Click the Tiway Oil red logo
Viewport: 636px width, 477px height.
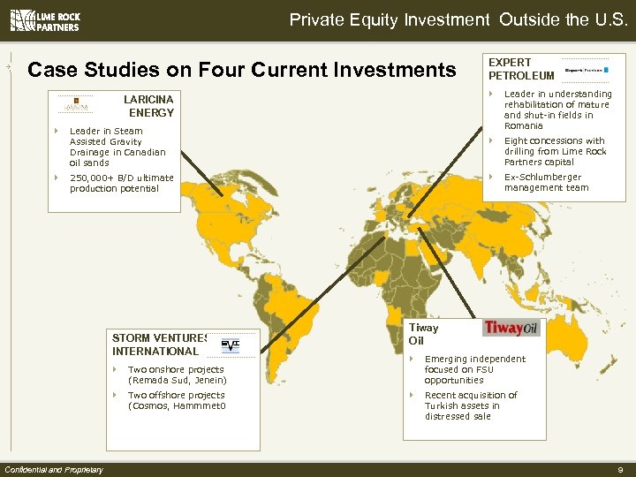tap(511, 329)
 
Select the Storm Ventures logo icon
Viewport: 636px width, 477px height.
tap(230, 344)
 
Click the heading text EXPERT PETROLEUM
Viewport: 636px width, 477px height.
tap(521, 69)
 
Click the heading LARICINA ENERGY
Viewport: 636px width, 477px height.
tap(151, 106)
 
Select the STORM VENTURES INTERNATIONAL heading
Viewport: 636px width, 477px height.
tap(159, 344)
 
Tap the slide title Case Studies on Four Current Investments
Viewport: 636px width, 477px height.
tap(242, 69)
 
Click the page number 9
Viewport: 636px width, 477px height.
tap(622, 469)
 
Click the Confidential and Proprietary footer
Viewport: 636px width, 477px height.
tap(54, 469)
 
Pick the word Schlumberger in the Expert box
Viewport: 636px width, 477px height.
tap(556, 177)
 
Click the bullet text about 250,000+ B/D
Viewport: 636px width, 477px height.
tap(121, 183)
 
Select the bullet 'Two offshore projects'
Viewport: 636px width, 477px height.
tap(177, 400)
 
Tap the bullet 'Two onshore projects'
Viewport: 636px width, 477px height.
tap(176, 375)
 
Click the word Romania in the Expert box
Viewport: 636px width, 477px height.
tap(524, 125)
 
